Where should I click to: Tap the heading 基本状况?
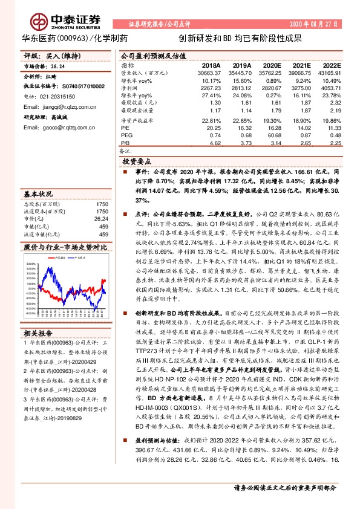coord(38,194)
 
